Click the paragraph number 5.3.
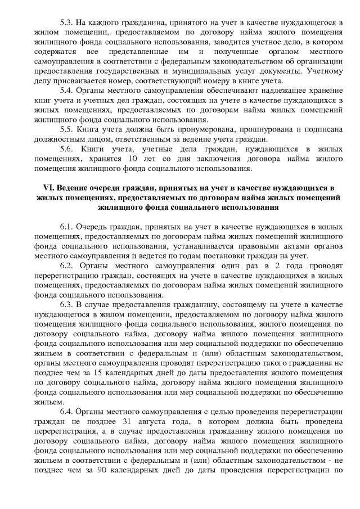click(x=66, y=22)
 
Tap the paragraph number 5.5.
click(x=66, y=128)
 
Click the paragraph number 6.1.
click(x=66, y=227)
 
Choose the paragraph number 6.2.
click(x=66, y=264)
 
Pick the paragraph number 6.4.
click(x=66, y=411)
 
